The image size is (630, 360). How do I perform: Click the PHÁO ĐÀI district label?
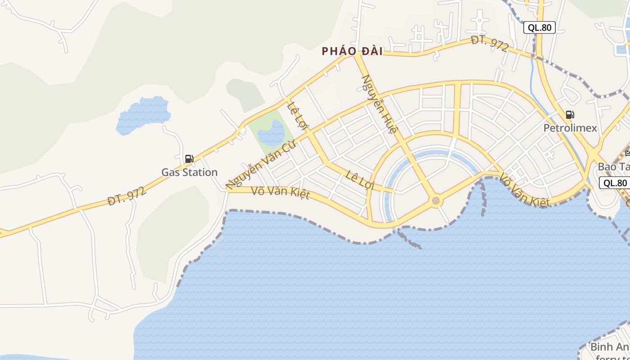click(x=352, y=51)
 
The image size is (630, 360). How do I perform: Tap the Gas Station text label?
click(x=189, y=172)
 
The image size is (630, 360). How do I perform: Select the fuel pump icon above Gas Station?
click(x=189, y=159)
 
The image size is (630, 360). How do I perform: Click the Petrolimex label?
click(x=570, y=128)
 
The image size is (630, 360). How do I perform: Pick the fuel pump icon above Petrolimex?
click(x=570, y=115)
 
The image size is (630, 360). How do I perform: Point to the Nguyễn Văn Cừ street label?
click(x=261, y=165)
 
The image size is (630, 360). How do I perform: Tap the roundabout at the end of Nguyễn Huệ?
click(x=435, y=201)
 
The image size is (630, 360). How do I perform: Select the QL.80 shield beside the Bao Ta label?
click(x=615, y=183)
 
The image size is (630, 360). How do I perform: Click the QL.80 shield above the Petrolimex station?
click(x=540, y=27)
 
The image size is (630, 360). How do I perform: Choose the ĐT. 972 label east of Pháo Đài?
click(x=490, y=44)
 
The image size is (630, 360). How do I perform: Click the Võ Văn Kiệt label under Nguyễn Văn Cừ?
click(x=281, y=193)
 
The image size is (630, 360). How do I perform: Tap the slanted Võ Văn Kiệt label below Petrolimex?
click(x=525, y=191)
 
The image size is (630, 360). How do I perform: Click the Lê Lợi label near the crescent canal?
click(x=360, y=179)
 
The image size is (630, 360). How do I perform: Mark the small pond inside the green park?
click(x=272, y=133)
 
